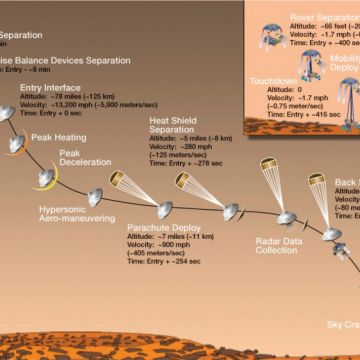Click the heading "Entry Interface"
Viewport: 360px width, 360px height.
click(51, 88)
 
